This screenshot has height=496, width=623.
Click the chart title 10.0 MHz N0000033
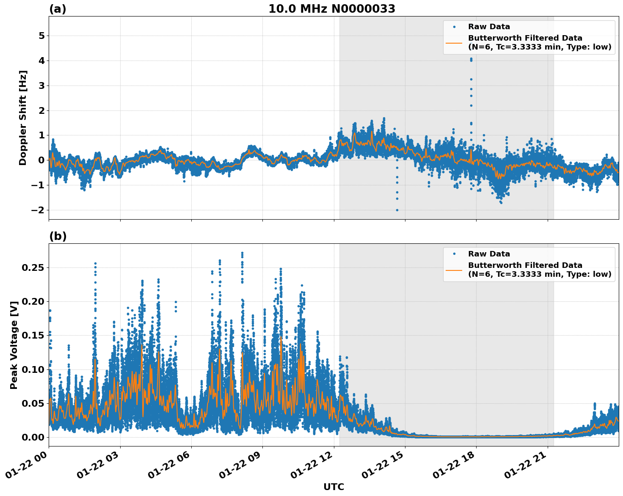(332, 9)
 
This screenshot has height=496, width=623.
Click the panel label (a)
(58, 9)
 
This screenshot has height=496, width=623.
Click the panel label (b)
(58, 236)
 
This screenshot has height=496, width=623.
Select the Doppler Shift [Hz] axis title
(23, 118)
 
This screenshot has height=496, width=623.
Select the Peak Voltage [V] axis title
(14, 345)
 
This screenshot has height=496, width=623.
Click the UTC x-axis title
(334, 487)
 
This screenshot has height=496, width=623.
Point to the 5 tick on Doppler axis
(41, 36)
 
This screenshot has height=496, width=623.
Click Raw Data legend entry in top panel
(489, 27)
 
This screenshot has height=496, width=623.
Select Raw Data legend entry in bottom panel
(489, 254)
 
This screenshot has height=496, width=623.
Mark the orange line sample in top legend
(454, 42)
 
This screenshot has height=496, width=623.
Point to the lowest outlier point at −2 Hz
(397, 210)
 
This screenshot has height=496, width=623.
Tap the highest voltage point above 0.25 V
(242, 253)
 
